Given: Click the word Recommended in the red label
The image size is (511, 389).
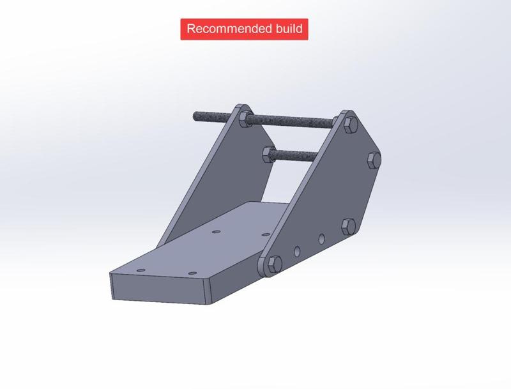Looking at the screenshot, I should pos(227,29).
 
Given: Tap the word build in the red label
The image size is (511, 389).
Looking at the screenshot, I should pos(288,29).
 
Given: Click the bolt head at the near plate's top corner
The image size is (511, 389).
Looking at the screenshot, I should pos(350,124).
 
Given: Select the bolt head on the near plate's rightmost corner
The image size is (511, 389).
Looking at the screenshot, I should pos(374,160).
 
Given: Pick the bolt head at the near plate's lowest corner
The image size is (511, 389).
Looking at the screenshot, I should pos(273,264).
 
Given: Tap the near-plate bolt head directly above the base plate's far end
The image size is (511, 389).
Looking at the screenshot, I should pos(347,225).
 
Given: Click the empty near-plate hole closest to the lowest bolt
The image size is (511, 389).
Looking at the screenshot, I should pos(297,251).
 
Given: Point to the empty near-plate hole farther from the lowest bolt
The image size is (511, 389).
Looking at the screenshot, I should pos(321,239).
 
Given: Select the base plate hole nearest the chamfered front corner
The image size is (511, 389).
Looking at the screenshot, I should pos(191,271).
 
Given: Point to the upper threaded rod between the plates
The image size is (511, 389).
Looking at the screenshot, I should pos(294,119).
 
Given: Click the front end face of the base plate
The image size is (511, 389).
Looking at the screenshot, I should pos(160,287).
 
